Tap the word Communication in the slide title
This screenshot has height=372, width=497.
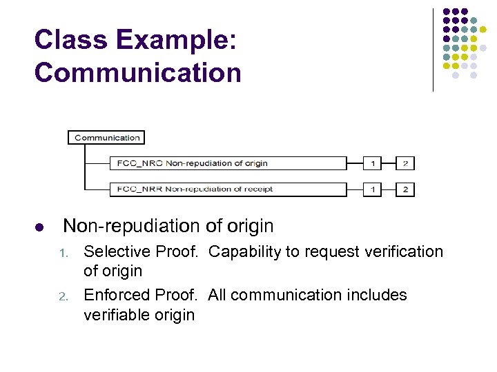click(x=138, y=72)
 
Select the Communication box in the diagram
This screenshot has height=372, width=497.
click(x=107, y=137)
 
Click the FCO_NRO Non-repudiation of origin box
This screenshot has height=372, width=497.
click(x=228, y=163)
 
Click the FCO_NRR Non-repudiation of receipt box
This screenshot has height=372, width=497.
click(x=228, y=189)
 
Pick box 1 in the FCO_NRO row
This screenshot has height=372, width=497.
click(x=373, y=163)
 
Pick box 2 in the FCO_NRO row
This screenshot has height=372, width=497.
click(x=405, y=163)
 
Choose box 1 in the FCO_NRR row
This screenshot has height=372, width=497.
click(x=373, y=189)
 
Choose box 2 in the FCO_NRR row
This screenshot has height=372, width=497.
click(x=405, y=189)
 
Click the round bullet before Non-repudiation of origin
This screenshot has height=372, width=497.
click(x=39, y=227)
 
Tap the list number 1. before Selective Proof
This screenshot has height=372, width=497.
click(x=64, y=253)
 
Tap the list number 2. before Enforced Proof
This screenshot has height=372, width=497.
click(x=64, y=297)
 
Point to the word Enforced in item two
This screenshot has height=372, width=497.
click(x=113, y=296)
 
